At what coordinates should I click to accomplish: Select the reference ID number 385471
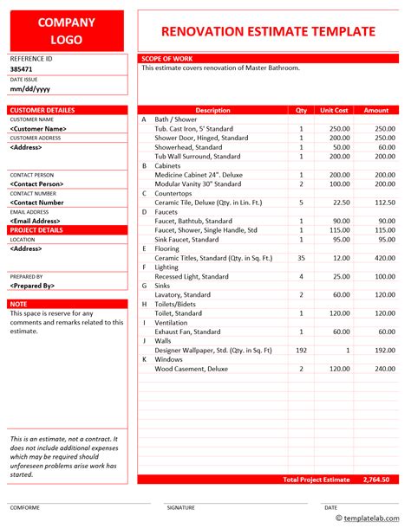point(23,68)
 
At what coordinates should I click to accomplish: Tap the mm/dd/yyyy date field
point(30,88)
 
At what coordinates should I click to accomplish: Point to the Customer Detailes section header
point(42,110)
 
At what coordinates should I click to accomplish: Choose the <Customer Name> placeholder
point(39,128)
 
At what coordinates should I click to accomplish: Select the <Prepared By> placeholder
point(33,285)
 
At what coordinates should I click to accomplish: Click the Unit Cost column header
point(334,110)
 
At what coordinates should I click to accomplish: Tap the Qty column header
point(301,110)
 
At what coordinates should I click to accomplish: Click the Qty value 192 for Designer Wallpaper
point(301,350)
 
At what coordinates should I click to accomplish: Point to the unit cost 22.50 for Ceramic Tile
point(340,203)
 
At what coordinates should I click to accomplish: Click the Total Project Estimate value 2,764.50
point(375,479)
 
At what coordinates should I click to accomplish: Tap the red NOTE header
point(18,304)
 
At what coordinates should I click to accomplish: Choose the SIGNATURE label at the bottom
point(180,508)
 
